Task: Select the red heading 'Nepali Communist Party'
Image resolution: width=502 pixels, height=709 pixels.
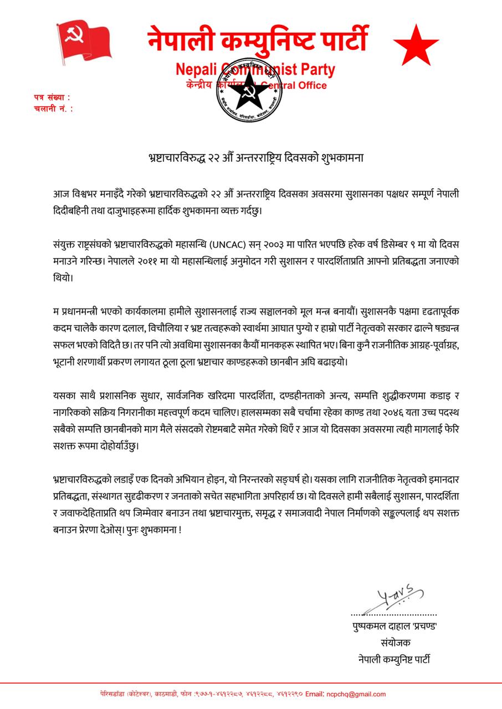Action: pos(255,70)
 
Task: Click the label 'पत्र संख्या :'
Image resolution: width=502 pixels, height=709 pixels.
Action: pos(52,97)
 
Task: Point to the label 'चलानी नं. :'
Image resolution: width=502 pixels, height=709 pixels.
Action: pos(53,109)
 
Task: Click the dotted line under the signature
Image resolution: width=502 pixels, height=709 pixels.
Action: pos(393,614)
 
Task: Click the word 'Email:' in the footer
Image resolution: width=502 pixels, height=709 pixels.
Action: pos(315,693)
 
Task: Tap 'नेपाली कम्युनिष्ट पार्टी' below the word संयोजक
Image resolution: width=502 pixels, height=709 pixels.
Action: pos(394,659)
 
